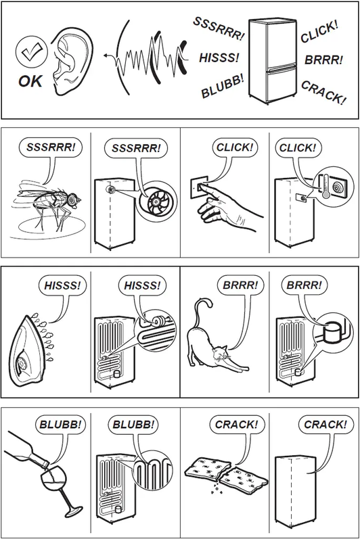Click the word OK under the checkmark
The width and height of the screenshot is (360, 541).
point(30,81)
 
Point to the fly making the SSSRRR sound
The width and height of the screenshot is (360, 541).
point(50,196)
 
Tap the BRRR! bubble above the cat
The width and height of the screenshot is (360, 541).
point(240,285)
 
